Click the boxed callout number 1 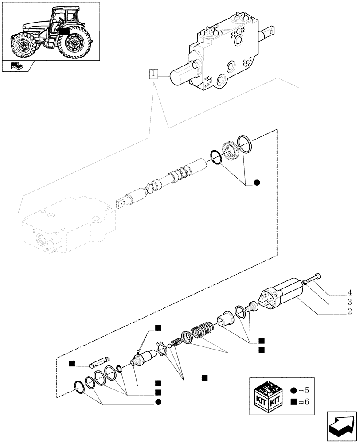click(x=153, y=74)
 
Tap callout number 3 click(x=350, y=303)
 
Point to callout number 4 click(x=350, y=292)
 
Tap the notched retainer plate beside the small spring click(x=164, y=349)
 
